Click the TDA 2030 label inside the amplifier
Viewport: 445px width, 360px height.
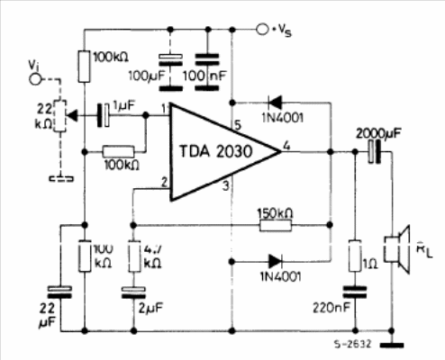coord(215,151)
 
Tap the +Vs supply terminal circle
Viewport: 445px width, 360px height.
coord(262,30)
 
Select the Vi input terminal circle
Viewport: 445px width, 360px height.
coord(35,79)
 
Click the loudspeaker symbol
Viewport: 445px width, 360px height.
coord(397,249)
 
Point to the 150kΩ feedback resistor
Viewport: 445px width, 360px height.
coord(276,225)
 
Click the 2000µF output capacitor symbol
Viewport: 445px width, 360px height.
coord(375,152)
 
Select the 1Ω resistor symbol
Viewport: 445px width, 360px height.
coord(355,256)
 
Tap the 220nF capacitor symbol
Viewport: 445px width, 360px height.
coord(355,292)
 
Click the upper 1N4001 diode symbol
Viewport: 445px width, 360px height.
coord(275,103)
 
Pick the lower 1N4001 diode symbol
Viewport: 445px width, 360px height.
coord(275,261)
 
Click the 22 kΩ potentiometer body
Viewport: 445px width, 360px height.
coord(60,116)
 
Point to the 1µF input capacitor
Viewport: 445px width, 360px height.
coord(103,115)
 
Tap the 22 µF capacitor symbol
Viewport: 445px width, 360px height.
coord(60,292)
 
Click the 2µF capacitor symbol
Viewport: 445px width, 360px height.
coord(133,292)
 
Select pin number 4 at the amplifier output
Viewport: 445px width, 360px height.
coord(286,146)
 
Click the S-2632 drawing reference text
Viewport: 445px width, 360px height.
coord(353,344)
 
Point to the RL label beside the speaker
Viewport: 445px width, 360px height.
coord(424,251)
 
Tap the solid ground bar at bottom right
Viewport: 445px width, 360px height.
coord(392,346)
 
